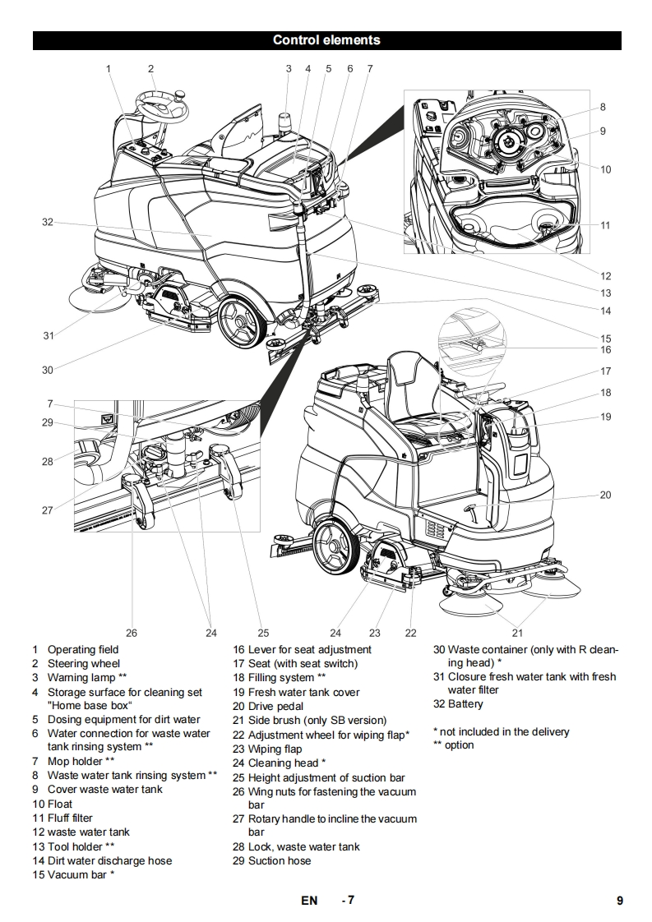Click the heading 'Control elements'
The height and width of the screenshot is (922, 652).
tap(326, 39)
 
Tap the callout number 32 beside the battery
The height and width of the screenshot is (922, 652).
tap(47, 222)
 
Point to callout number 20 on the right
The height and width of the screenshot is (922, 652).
tap(605, 495)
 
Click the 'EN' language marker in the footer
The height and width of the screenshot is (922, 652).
tap(309, 900)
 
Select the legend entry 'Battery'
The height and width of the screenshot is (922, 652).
tap(465, 703)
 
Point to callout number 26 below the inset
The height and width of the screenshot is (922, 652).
tap(132, 633)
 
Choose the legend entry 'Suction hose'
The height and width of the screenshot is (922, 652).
tap(280, 860)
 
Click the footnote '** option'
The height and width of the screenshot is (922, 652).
tap(453, 745)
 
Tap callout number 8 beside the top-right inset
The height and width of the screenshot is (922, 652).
tap(603, 107)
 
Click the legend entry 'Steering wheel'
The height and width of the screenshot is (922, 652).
tap(83, 663)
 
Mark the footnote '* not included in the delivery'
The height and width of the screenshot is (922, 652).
tap(501, 731)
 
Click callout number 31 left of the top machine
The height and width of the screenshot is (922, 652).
tap(48, 335)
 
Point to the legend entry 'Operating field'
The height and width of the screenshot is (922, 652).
tap(82, 649)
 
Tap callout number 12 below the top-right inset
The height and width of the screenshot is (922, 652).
tap(605, 276)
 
